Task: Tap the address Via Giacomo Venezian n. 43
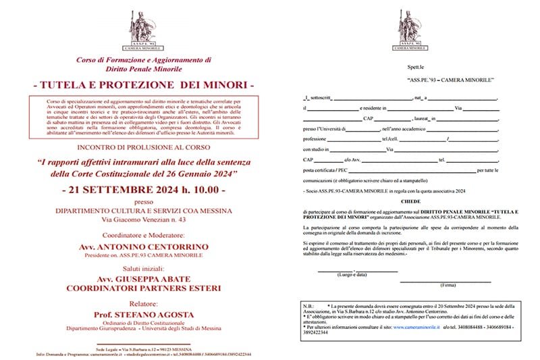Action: (143, 220)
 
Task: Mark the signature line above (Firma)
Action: (445, 280)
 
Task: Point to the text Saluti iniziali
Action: (143, 267)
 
